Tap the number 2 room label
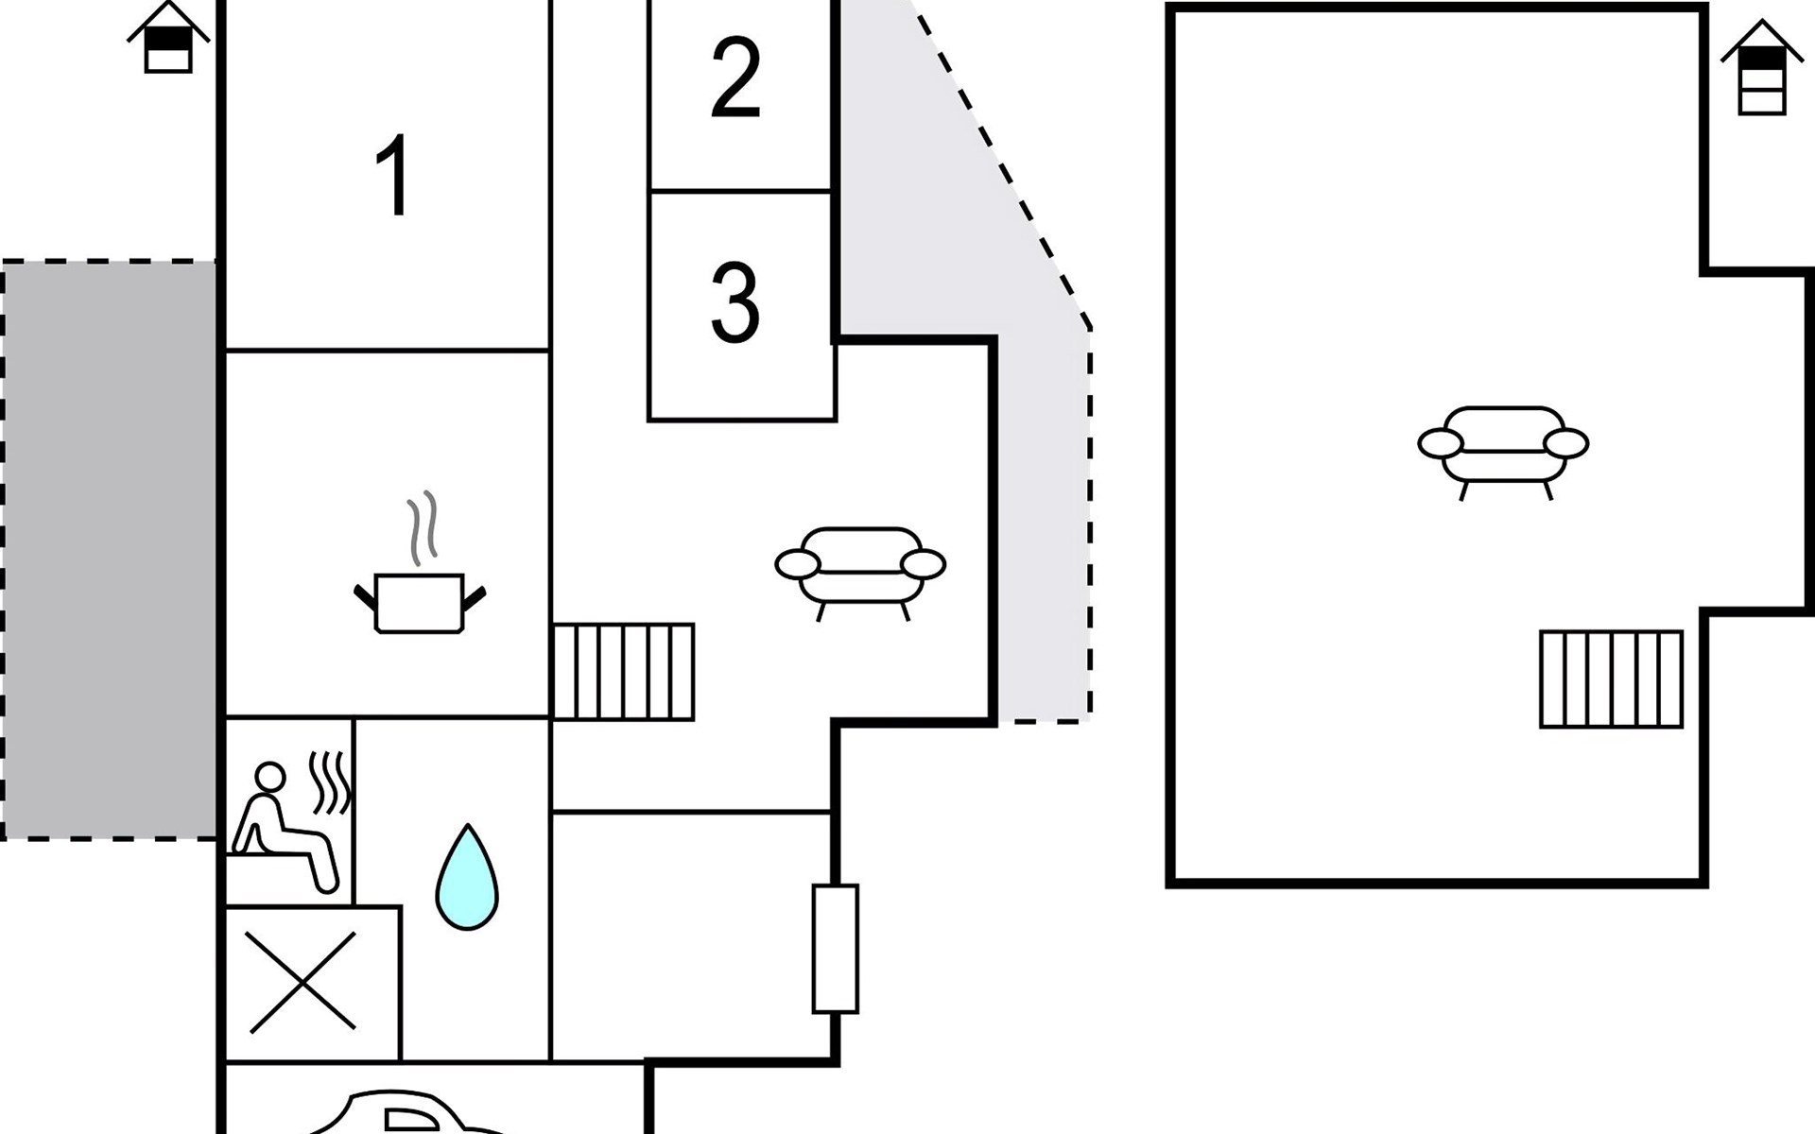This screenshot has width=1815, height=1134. coord(735,78)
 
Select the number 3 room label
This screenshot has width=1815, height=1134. coord(735,303)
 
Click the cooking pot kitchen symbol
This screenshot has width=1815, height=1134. coord(420,602)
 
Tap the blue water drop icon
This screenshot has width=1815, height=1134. coord(467,878)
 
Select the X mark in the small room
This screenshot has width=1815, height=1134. coord(302,982)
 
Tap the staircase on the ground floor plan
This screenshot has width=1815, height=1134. coord(624,672)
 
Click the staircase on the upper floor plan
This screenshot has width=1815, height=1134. coord(1612,679)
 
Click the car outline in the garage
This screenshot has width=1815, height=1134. coord(406,1115)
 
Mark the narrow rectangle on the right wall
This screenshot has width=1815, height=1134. coord(836,949)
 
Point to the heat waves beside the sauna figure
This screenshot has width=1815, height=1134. coord(331,782)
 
